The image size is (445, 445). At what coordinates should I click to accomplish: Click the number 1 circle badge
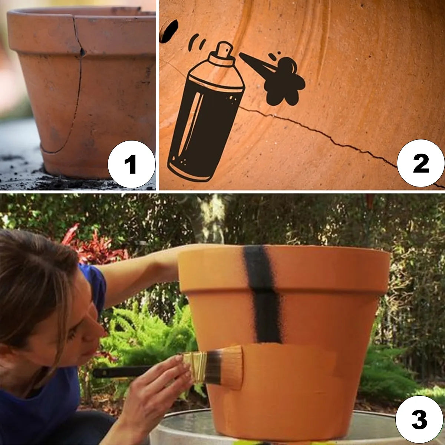[132, 164]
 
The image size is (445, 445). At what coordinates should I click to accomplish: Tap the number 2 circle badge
[421, 163]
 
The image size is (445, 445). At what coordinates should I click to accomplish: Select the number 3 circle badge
[419, 420]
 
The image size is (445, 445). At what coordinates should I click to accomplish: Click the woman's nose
[99, 328]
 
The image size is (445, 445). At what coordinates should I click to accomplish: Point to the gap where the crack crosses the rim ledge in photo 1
[82, 52]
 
